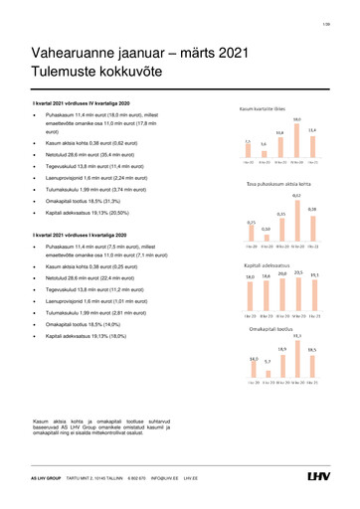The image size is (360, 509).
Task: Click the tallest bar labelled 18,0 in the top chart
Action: [x=296, y=142]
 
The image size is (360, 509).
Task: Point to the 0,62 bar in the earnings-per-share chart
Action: [x=296, y=225]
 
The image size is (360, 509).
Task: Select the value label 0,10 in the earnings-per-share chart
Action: [x=266, y=229]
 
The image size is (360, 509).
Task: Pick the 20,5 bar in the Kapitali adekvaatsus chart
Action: [x=296, y=298]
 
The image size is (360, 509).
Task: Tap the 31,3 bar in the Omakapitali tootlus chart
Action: [x=296, y=360]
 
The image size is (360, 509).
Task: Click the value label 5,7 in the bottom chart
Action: [x=267, y=361]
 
